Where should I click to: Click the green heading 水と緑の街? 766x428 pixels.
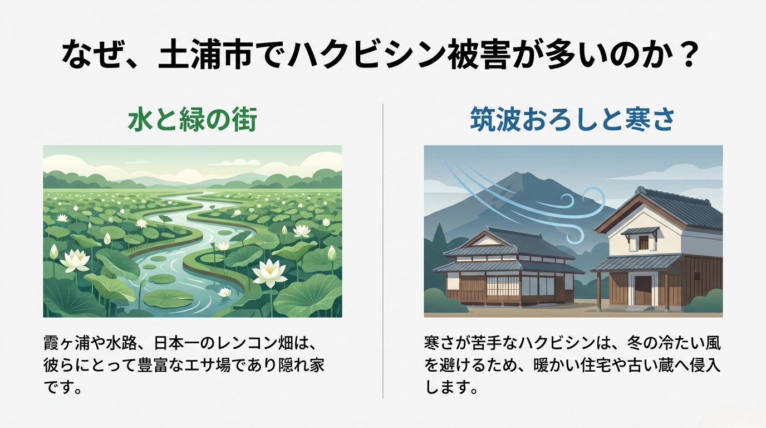(x=193, y=120)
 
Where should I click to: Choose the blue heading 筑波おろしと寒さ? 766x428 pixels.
(x=573, y=120)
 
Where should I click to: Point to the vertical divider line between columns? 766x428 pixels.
(x=383, y=251)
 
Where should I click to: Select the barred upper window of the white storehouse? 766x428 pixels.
(x=644, y=242)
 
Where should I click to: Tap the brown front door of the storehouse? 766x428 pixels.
(x=644, y=290)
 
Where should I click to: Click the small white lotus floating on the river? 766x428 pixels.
(x=224, y=292)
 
